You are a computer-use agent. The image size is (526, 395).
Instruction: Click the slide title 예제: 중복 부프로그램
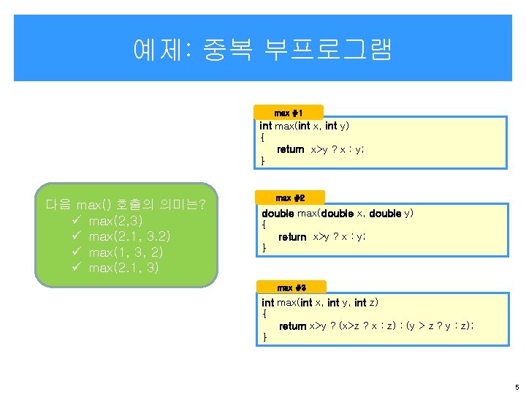click(x=263, y=49)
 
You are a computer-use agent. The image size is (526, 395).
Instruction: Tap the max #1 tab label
click(x=288, y=113)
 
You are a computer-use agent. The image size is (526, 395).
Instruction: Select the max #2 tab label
click(x=290, y=198)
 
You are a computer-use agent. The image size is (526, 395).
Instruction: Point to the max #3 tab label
click(x=291, y=287)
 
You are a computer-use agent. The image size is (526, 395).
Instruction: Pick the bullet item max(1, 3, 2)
click(x=125, y=252)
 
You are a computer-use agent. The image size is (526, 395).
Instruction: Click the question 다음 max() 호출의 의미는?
click(x=126, y=203)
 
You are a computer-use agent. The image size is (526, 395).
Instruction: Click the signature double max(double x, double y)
click(x=338, y=214)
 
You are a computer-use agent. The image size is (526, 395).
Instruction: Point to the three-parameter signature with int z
click(x=320, y=302)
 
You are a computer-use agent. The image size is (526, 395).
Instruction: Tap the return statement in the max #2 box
click(x=321, y=237)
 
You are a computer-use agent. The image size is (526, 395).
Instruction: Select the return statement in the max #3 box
click(x=376, y=326)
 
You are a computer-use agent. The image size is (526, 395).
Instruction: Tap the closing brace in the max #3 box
click(x=264, y=337)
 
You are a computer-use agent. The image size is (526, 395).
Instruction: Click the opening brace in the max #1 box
click(x=262, y=138)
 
